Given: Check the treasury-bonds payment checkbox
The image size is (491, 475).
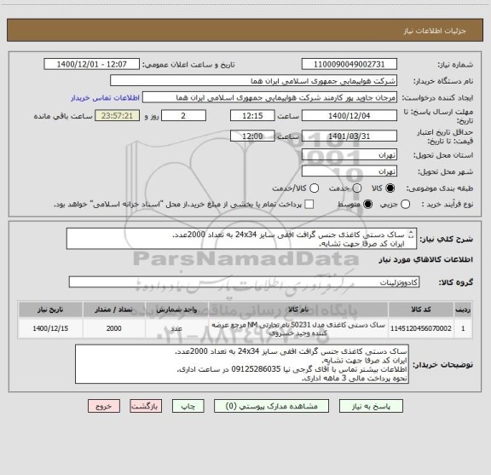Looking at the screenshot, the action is [309, 204].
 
